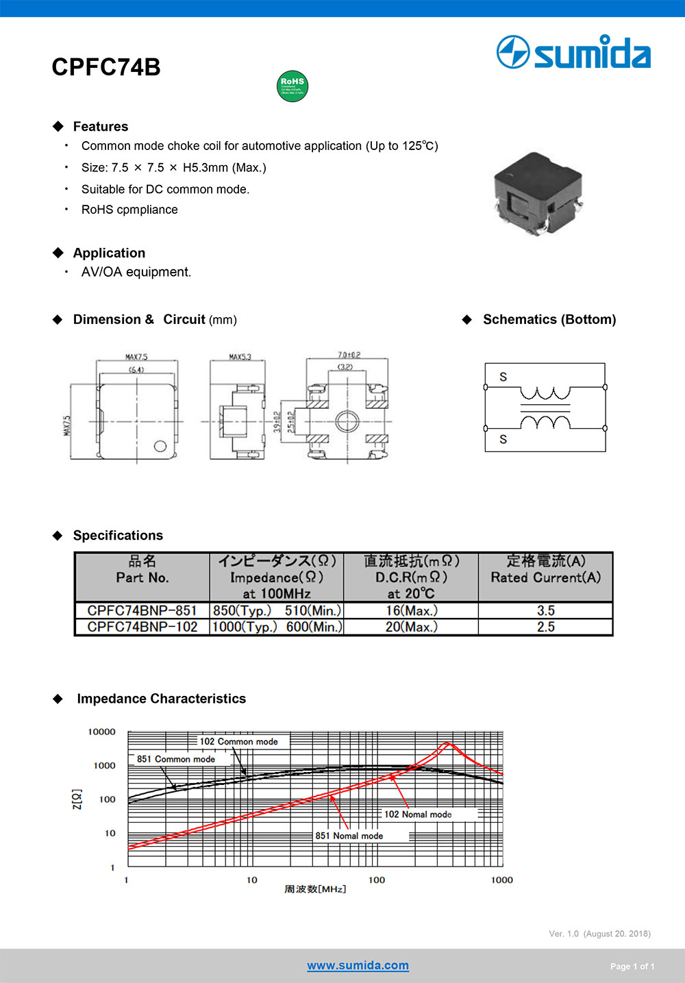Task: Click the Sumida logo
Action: [x=574, y=53]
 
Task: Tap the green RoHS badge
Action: [x=292, y=86]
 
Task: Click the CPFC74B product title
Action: [x=106, y=67]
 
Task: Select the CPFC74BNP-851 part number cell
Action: [x=142, y=610]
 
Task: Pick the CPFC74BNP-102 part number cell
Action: [x=142, y=627]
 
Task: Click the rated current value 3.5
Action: [x=545, y=610]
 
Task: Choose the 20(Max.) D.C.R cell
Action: [x=411, y=627]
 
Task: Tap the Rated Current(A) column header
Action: [x=545, y=577]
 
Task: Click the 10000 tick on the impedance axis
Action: [x=102, y=732]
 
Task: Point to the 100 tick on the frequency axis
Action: [x=377, y=880]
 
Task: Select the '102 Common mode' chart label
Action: [x=238, y=741]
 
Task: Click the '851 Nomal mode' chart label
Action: [x=349, y=836]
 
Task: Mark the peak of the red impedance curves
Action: [x=447, y=743]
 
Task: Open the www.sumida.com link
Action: [x=358, y=965]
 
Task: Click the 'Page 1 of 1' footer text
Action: [x=632, y=967]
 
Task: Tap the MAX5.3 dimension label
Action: [x=240, y=357]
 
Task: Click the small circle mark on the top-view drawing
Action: [x=160, y=446]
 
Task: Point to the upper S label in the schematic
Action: [x=503, y=377]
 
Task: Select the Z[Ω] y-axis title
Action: [x=77, y=799]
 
